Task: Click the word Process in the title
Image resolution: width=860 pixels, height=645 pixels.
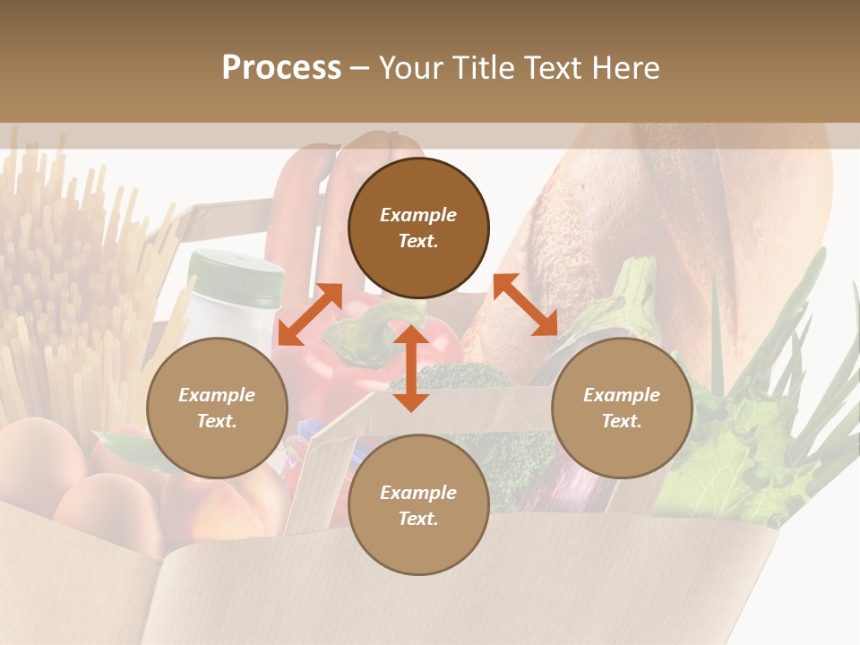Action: [x=281, y=68]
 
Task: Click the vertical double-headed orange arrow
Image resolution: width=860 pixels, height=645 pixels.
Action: [x=411, y=368]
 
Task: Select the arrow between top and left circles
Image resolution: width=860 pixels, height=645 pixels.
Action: [x=310, y=314]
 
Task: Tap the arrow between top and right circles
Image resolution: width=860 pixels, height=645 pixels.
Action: [x=525, y=305]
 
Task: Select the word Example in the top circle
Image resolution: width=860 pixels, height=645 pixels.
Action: [x=418, y=215]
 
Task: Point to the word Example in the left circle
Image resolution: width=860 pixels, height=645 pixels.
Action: [x=217, y=395]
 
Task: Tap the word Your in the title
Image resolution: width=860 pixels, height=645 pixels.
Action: [x=414, y=68]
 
